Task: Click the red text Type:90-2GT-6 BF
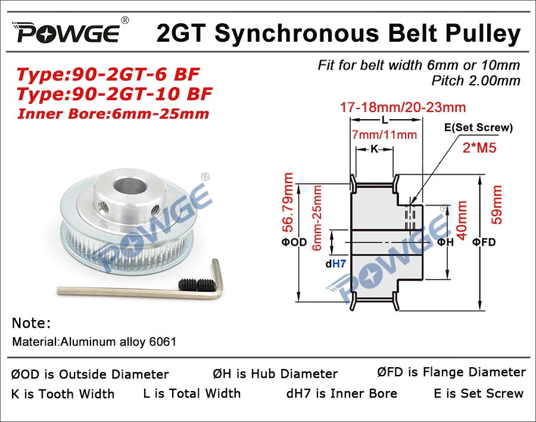pyautogui.click(x=107, y=75)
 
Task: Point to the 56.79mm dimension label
pyautogui.click(x=288, y=203)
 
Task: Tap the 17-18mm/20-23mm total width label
pyautogui.click(x=403, y=107)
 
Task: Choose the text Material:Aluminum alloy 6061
pyautogui.click(x=94, y=343)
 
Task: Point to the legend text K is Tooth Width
pyautogui.click(x=63, y=394)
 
